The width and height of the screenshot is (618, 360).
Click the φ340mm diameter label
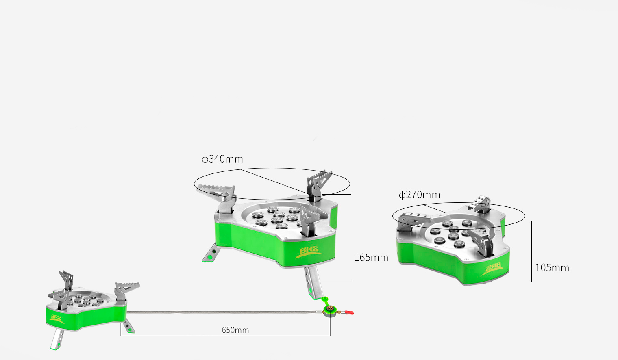[222, 159]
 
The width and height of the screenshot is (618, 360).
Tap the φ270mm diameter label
[419, 195]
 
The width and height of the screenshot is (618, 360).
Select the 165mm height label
[371, 258]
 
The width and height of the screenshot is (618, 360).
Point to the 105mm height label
[552, 268]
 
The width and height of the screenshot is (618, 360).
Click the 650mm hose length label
[235, 330]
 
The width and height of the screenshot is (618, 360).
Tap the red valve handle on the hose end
[349, 312]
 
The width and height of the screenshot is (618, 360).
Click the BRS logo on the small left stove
[57, 319]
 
